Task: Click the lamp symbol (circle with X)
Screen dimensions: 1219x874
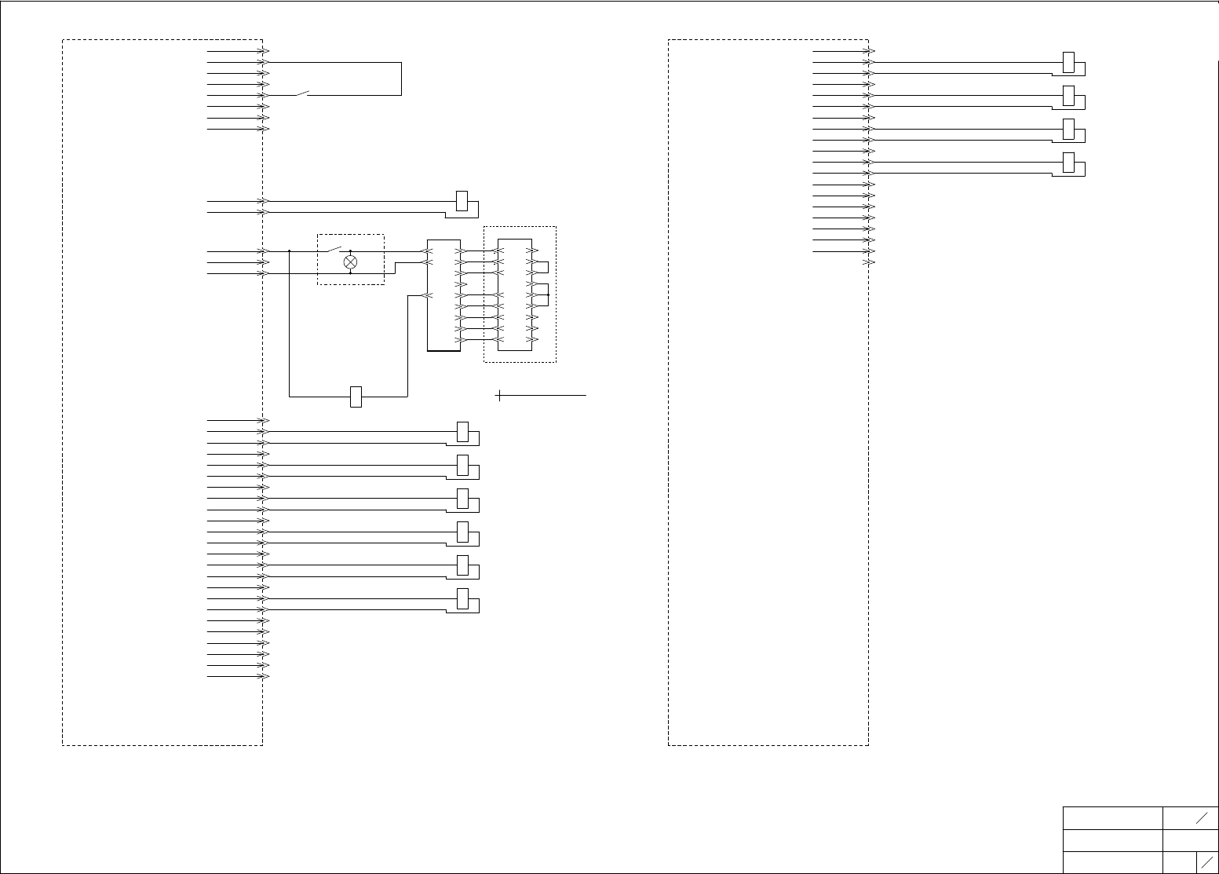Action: (x=351, y=262)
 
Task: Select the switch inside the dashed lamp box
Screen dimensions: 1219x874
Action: (x=334, y=250)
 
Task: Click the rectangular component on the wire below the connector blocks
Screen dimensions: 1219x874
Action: (x=356, y=397)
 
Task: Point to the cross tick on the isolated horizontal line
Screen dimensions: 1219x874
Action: (x=499, y=395)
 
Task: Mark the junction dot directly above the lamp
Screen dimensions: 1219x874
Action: (x=351, y=251)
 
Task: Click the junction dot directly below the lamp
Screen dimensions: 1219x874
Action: (x=351, y=273)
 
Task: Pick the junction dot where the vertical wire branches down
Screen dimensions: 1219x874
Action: (x=290, y=251)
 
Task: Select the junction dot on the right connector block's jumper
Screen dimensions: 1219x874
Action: (x=548, y=295)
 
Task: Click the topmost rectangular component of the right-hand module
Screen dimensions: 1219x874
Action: (x=1068, y=62)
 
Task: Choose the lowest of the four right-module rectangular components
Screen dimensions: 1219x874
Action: (x=1068, y=163)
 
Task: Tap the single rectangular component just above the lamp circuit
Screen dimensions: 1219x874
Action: (x=462, y=201)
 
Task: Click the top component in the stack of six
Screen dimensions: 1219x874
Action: (x=462, y=432)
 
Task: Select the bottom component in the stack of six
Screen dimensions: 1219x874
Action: (x=462, y=598)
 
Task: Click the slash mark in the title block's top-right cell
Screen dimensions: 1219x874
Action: (x=1202, y=818)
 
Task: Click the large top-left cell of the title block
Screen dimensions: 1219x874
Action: (x=1112, y=817)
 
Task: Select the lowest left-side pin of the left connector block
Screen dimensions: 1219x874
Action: (x=427, y=296)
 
